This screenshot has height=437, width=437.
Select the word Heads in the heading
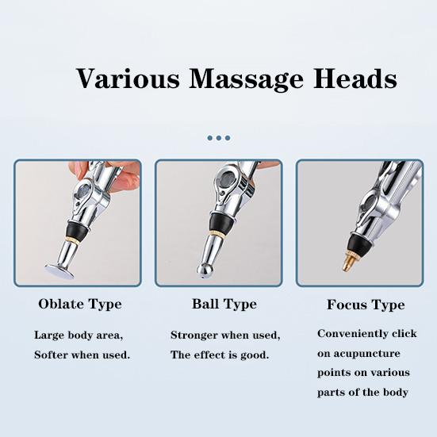pyautogui.click(x=355, y=79)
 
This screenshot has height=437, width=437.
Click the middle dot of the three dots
pyautogui.click(x=219, y=137)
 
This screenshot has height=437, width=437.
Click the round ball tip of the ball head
pyautogui.click(x=205, y=272)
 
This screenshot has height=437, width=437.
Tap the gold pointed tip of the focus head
pyautogui.click(x=348, y=263)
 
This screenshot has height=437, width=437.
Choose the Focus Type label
pyautogui.click(x=366, y=305)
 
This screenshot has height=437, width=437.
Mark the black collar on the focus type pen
pyautogui.click(x=353, y=238)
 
